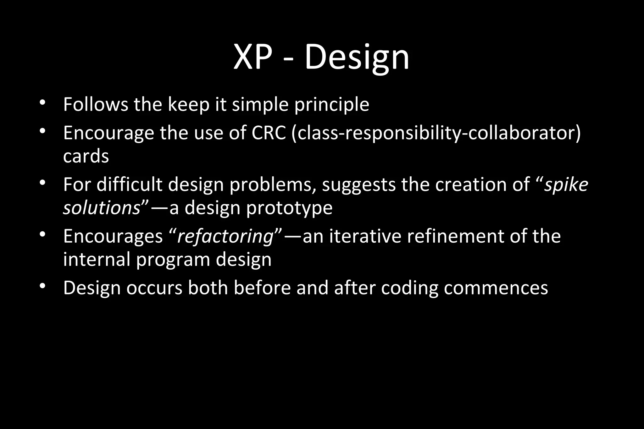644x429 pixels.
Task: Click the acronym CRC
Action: click(269, 133)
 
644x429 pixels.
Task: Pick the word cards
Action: click(86, 156)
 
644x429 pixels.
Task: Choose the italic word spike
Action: click(566, 184)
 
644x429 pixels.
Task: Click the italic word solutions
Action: click(101, 208)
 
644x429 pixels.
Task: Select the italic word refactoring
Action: click(225, 236)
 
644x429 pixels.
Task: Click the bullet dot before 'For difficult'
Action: click(43, 183)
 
